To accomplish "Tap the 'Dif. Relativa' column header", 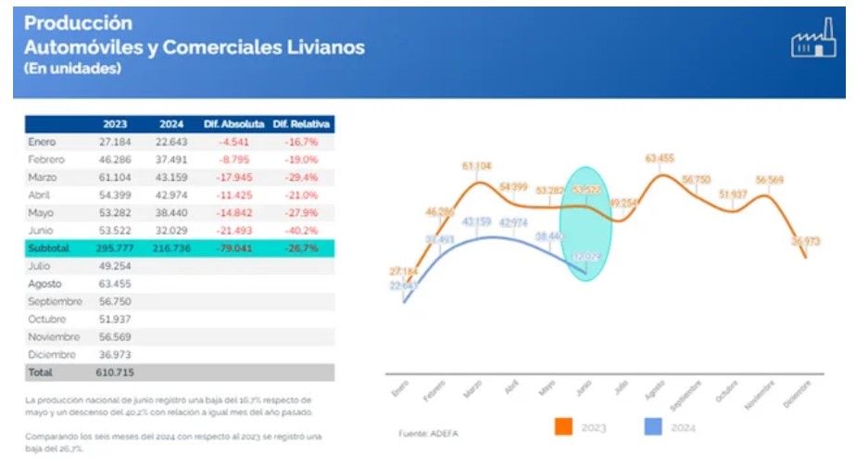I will pos(302,124).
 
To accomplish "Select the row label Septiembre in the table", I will pos(55,301).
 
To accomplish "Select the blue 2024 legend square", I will pos(653,426).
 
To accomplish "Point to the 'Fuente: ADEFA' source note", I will pos(429,433).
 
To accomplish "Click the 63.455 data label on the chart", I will pos(661,158).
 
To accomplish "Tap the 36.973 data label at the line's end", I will pos(802,241).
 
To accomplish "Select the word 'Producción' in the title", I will pos(79,23).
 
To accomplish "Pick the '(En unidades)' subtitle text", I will pos(72,69).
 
